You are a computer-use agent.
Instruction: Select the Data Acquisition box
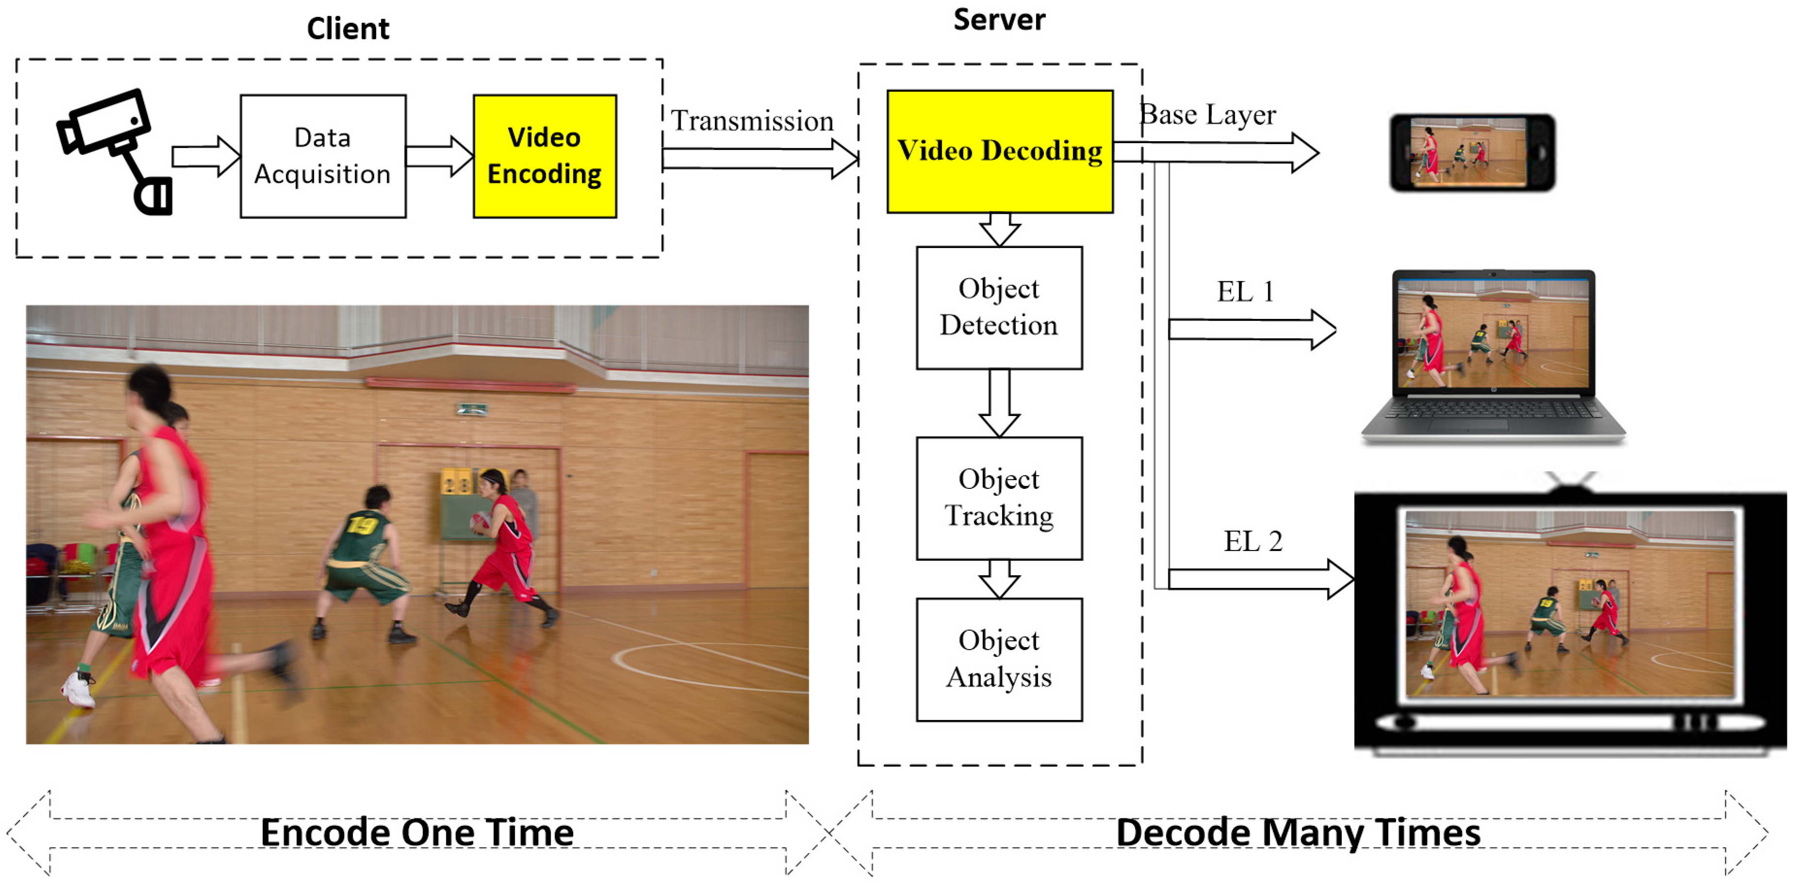click(323, 156)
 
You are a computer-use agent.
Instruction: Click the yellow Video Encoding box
click(544, 156)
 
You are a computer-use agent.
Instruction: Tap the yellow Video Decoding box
click(999, 151)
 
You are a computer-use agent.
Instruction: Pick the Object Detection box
click(999, 307)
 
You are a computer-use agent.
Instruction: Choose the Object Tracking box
click(999, 498)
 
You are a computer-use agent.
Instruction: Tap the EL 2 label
click(1252, 541)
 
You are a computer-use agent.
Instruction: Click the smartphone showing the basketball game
click(1472, 152)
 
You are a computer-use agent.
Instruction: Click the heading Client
click(348, 29)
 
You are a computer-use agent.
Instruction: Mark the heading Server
click(999, 19)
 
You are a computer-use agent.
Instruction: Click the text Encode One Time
click(417, 833)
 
